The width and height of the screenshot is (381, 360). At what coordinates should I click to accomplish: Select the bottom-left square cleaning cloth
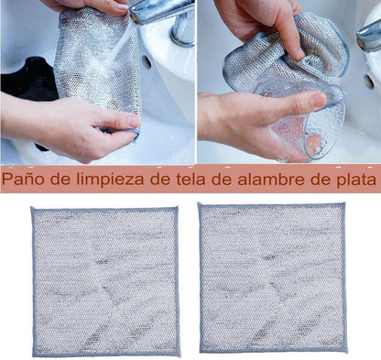coord(105,280)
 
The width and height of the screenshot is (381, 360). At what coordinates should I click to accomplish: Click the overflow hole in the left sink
coord(147,62)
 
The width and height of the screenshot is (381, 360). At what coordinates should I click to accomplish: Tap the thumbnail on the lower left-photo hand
coord(134,121)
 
